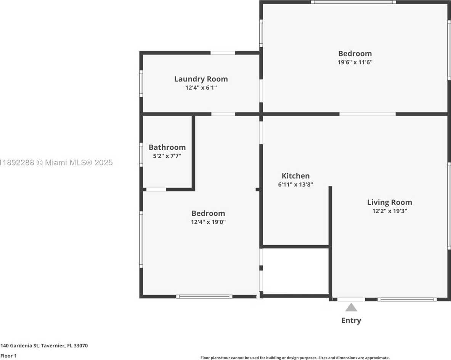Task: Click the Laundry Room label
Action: (x=201, y=79)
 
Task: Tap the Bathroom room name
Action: (x=167, y=147)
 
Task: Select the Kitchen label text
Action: (x=295, y=176)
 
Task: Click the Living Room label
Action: (x=389, y=202)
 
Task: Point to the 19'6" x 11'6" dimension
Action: (x=355, y=62)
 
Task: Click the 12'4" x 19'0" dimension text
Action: (x=208, y=222)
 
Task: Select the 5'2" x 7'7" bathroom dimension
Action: (x=167, y=156)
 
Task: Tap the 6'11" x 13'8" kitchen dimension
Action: (x=295, y=184)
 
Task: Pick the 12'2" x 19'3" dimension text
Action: (x=389, y=211)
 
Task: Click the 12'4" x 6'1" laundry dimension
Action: (x=201, y=88)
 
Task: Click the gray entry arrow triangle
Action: (x=351, y=307)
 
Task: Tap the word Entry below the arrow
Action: (x=351, y=320)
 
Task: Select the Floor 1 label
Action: (x=9, y=356)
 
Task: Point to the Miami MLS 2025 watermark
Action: (x=56, y=163)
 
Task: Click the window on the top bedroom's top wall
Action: (x=353, y=2)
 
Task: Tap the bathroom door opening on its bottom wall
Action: (x=156, y=189)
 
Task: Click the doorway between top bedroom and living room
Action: (x=367, y=114)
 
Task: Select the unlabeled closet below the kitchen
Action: (x=295, y=271)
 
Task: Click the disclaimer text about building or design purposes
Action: (x=295, y=358)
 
